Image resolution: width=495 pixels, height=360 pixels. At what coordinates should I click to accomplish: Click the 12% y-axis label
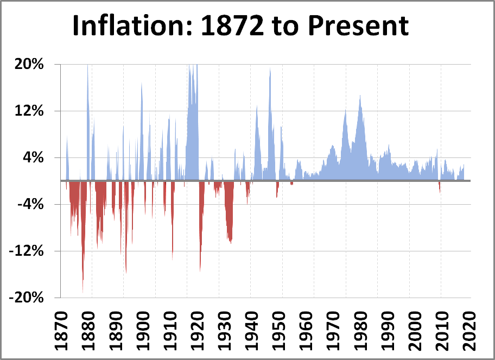[x=33, y=111]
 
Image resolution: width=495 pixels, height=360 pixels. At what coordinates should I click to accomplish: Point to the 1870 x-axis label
[x=61, y=329]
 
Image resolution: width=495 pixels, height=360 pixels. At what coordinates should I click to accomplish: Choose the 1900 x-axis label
[x=156, y=329]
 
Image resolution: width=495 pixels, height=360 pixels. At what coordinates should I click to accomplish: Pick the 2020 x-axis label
[x=468, y=329]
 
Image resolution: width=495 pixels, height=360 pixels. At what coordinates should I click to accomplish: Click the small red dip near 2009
[x=440, y=187]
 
